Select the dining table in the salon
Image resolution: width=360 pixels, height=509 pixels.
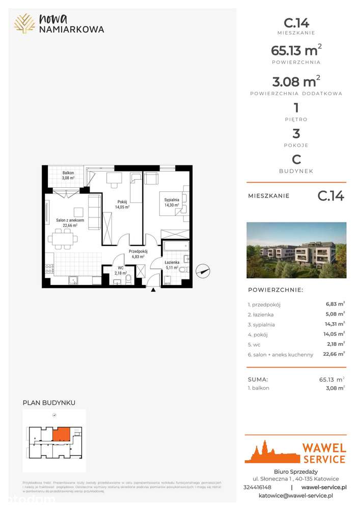[64, 237]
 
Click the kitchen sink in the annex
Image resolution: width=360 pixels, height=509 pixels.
[73, 279]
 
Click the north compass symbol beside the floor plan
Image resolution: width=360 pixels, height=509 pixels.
[203, 271]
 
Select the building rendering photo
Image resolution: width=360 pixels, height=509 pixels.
[296, 250]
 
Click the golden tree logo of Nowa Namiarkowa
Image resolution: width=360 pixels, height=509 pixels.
[24, 23]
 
